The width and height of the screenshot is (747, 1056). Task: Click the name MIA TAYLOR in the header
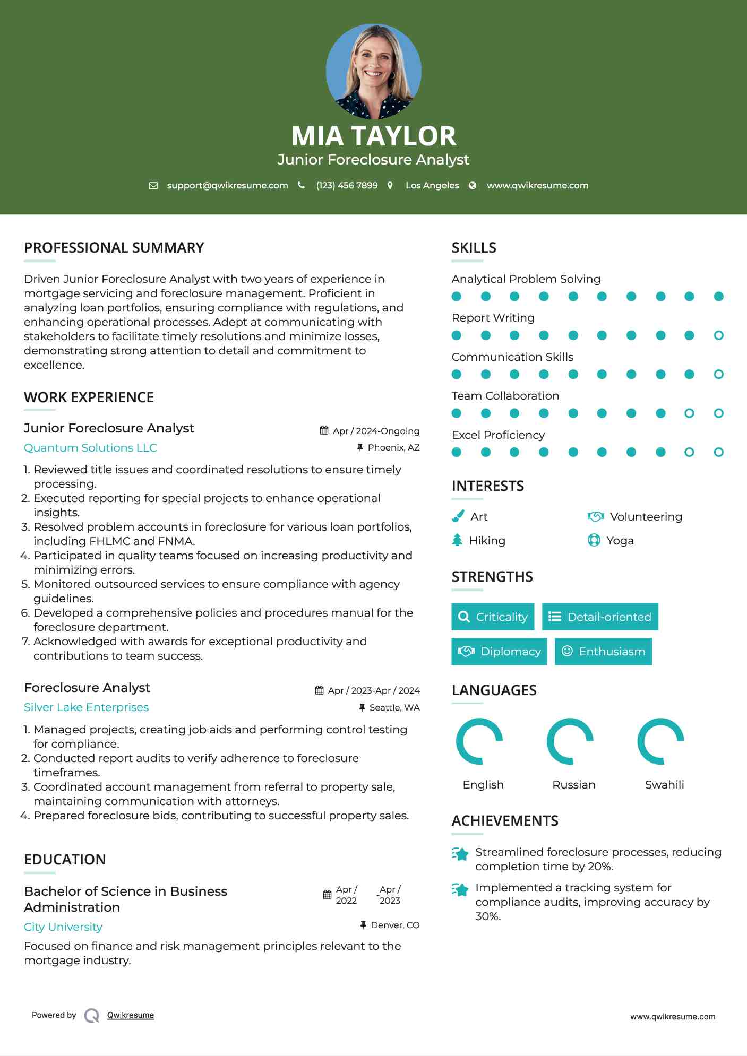(373, 136)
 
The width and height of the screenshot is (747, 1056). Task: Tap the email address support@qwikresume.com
(227, 185)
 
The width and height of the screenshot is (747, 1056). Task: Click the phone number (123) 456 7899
(347, 185)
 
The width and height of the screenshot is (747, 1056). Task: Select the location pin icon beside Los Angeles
(390, 185)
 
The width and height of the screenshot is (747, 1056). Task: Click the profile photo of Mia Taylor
(373, 71)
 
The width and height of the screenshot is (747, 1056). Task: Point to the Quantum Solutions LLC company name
(90, 447)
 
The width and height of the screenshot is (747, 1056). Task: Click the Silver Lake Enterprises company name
(86, 707)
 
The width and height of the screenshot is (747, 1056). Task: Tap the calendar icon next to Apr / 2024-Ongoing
(324, 430)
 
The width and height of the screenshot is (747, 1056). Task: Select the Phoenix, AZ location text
(393, 447)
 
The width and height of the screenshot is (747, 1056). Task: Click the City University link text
(63, 927)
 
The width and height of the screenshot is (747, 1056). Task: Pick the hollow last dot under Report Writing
(718, 335)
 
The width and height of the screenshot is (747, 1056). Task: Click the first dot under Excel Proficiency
(457, 452)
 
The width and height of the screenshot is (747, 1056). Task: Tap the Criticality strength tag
(493, 617)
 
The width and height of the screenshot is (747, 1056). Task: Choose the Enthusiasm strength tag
(603, 651)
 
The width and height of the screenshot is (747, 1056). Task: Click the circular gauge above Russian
(570, 741)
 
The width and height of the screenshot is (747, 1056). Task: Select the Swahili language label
(664, 784)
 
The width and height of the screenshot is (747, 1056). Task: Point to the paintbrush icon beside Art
(458, 516)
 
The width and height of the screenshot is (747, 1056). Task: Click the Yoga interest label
(620, 540)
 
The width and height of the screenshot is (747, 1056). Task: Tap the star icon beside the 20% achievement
(460, 854)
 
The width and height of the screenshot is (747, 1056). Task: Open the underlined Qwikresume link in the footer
(130, 1015)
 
